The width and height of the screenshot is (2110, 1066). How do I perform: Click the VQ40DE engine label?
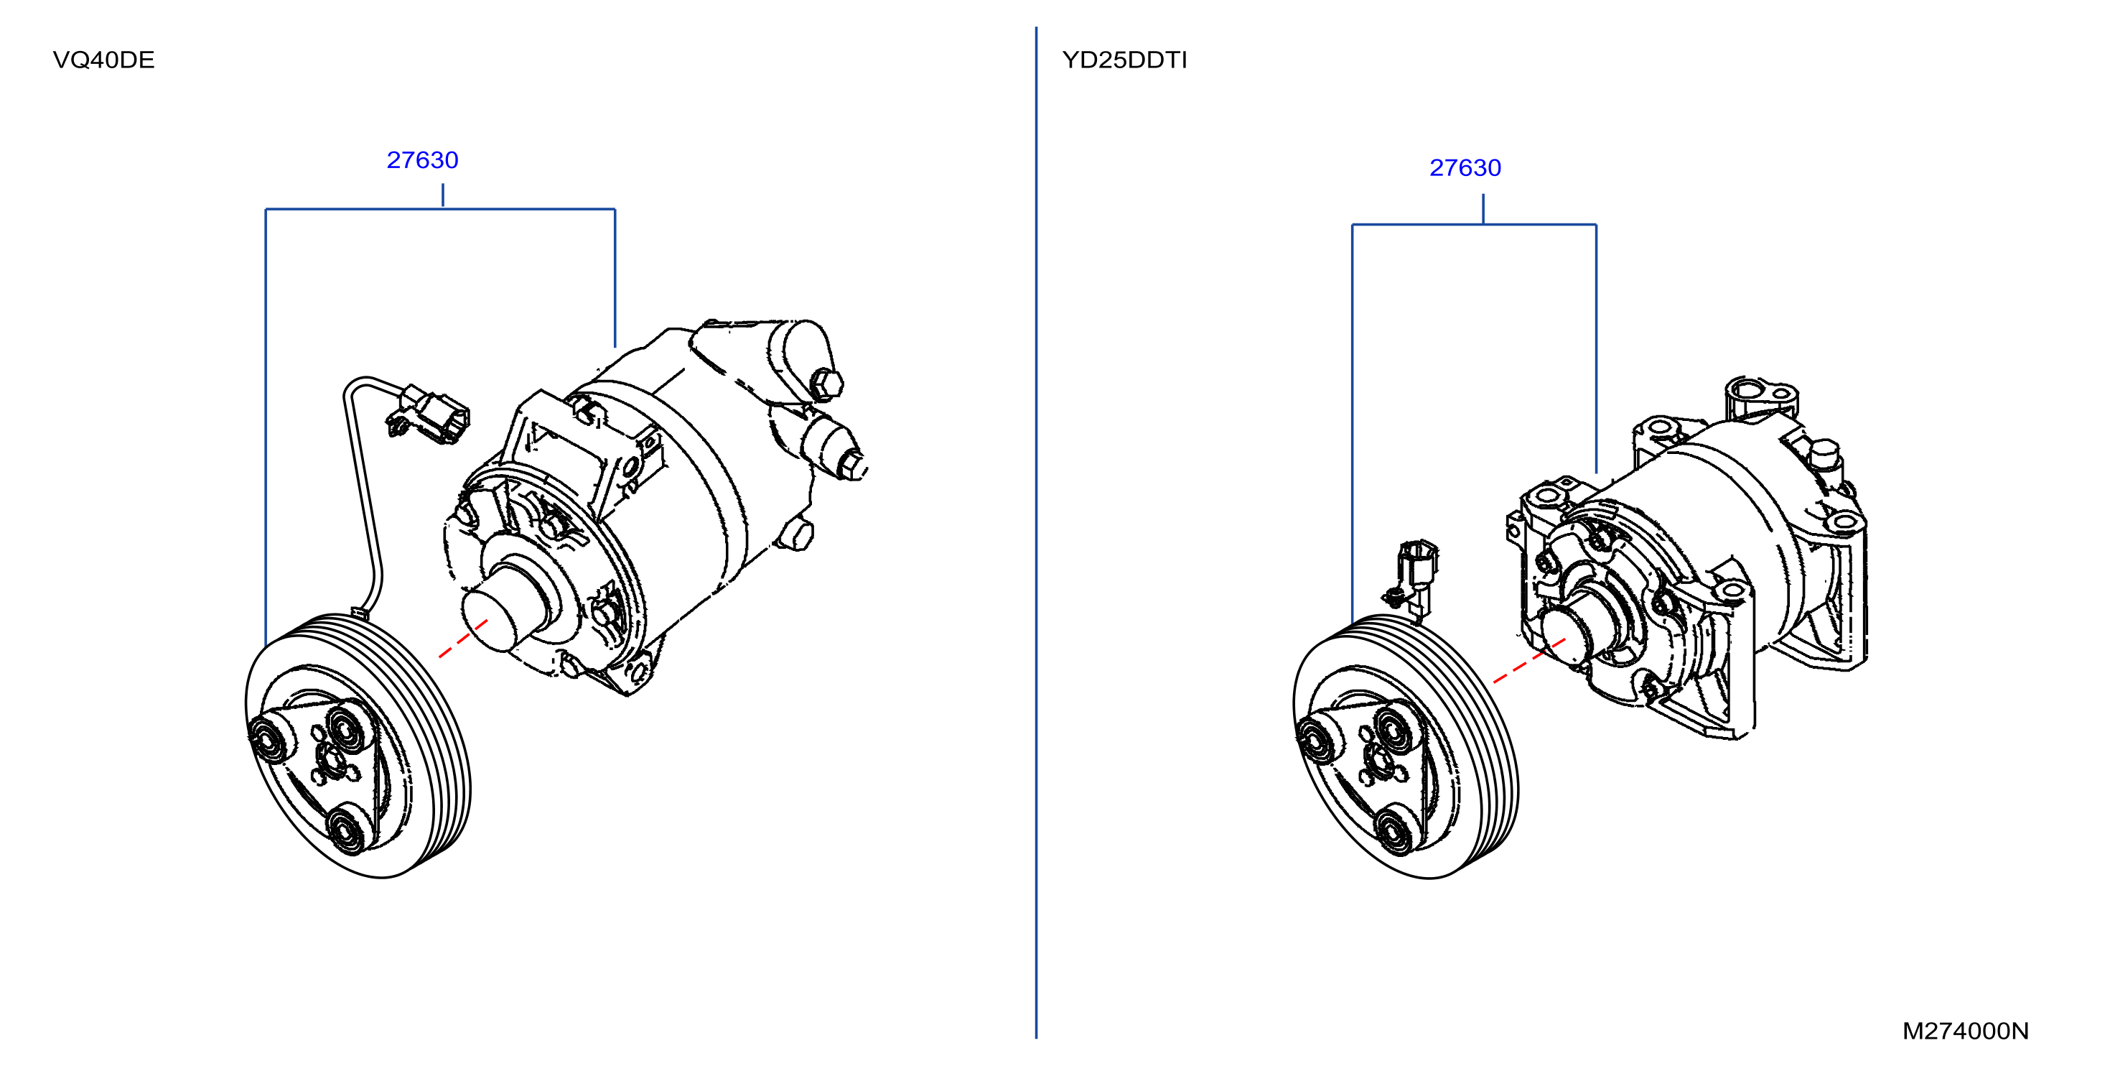coord(103,60)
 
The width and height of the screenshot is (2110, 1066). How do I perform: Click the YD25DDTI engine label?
coord(1124,60)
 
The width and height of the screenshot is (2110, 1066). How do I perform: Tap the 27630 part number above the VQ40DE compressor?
coord(422,159)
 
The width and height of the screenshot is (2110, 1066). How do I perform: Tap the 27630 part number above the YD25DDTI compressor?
coord(1465,168)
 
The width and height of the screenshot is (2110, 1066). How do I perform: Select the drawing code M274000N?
coord(1965,1031)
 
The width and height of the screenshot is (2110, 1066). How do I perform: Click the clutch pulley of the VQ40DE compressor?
coord(358,746)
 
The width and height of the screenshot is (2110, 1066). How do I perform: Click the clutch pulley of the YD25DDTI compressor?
coord(1406,746)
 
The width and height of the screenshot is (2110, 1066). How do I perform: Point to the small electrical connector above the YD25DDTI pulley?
coord(1414,573)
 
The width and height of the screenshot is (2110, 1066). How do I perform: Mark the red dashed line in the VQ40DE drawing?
coord(463,639)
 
